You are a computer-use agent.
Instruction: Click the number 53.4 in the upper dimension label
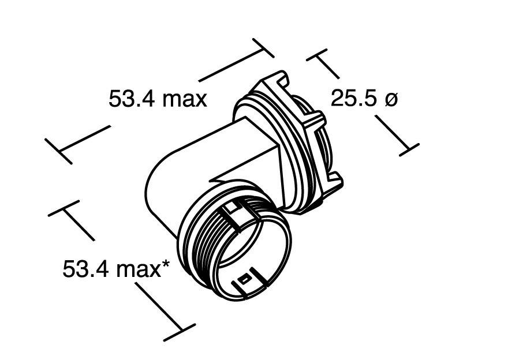click(132, 99)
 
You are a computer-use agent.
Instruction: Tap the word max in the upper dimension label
click(184, 99)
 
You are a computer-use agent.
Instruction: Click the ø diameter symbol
click(391, 99)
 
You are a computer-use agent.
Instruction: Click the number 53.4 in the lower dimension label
click(86, 269)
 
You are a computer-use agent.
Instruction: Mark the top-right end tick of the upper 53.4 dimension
click(263, 48)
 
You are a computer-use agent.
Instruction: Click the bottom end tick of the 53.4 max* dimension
click(180, 332)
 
